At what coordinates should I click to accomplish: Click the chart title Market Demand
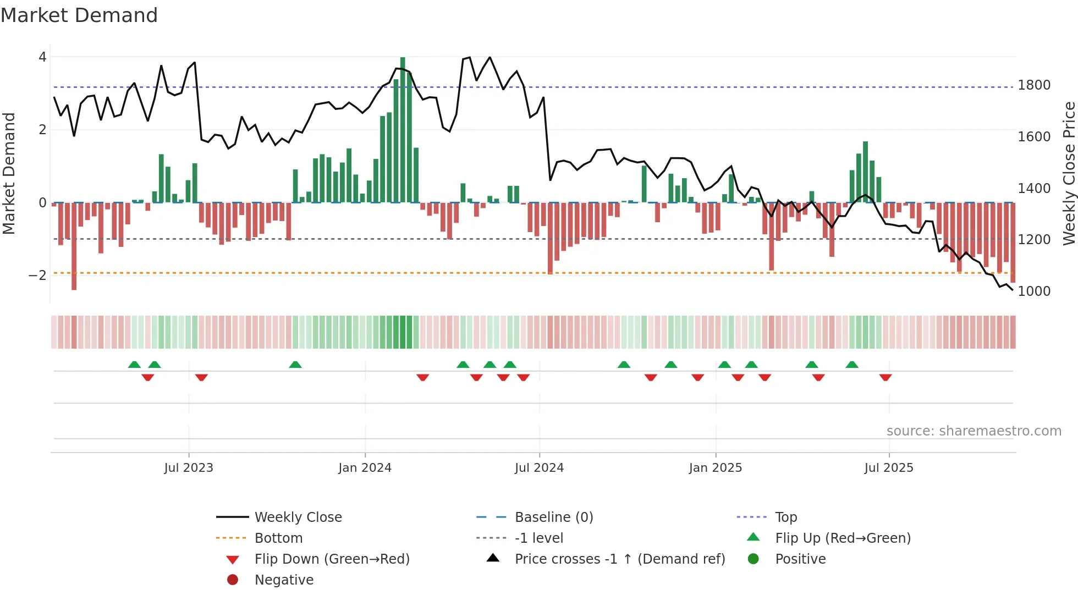coord(79,15)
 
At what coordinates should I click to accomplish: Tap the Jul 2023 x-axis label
coord(189,468)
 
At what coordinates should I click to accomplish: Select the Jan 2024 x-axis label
coord(365,468)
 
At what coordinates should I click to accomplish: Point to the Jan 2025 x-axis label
coord(715,468)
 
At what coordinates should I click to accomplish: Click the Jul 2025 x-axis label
coord(888,468)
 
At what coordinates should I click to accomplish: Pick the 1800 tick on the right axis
coord(1034,85)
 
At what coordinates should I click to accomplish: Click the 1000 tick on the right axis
coord(1034,291)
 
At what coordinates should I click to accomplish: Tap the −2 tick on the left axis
coord(37,276)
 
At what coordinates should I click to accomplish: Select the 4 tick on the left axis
coord(42,57)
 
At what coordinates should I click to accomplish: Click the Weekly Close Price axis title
coord(1069,173)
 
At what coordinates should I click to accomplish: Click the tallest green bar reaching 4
coord(403,129)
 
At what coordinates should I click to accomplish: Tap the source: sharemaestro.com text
coord(974,431)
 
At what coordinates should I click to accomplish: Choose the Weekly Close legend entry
coord(298,517)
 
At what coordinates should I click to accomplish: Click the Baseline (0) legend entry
coord(553,517)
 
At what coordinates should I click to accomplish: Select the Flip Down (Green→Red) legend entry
coord(332,559)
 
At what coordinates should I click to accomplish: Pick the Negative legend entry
coord(284,580)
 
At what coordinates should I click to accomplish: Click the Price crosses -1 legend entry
coord(619,559)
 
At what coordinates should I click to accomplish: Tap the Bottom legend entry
coord(278,538)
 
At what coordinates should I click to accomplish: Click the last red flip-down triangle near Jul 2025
coord(886,377)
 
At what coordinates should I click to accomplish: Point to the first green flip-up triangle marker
coord(134,365)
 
